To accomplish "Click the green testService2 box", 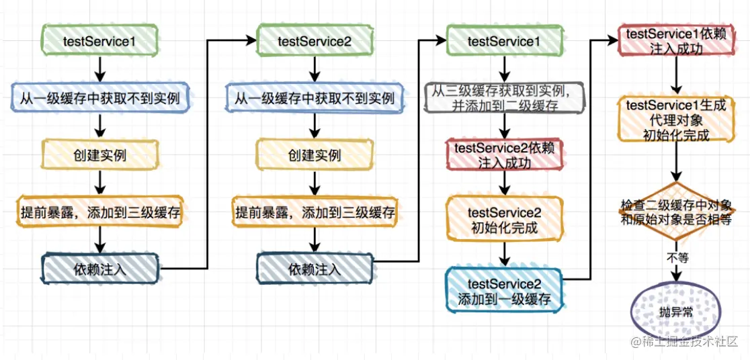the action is pyautogui.click(x=315, y=41).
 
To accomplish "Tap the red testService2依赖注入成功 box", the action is pyautogui.click(x=505, y=155).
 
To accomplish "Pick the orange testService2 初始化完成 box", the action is pyautogui.click(x=505, y=220).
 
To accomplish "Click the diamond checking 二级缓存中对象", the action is pyautogui.click(x=676, y=212).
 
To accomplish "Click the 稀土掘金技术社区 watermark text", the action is pyautogui.click(x=691, y=342).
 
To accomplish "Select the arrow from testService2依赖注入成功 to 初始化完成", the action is pyautogui.click(x=505, y=184).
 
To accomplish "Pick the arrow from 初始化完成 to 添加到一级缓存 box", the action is pyautogui.click(x=505, y=255).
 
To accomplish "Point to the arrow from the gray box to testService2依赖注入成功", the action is pyautogui.click(x=505, y=127).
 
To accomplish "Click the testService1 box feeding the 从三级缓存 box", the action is pyautogui.click(x=505, y=41).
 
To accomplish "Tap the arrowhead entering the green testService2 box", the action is pyautogui.click(x=251, y=41).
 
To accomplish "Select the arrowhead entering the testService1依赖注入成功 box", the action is pyautogui.click(x=614, y=41).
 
